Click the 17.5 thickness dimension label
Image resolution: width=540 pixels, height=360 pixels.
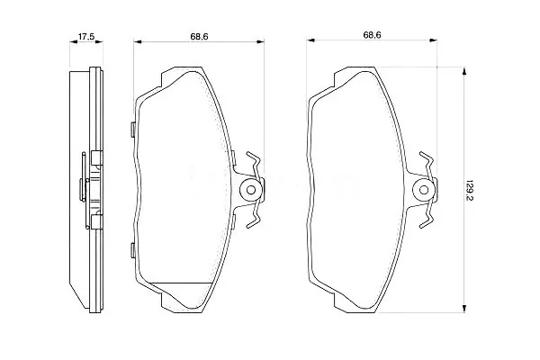click(x=86, y=36)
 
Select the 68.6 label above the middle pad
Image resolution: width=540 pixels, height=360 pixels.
click(x=199, y=36)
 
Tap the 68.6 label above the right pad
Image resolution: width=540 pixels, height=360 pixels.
click(x=372, y=35)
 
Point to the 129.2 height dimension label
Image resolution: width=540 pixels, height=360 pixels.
click(x=469, y=190)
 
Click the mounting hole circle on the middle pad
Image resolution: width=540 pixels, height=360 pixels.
click(x=251, y=190)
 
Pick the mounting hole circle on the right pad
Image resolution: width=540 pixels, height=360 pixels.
click(x=424, y=190)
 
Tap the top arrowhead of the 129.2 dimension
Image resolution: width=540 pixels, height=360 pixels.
click(x=464, y=71)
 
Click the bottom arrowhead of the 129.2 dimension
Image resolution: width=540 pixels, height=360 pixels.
click(x=464, y=309)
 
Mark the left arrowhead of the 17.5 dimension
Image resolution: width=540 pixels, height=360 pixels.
click(x=74, y=42)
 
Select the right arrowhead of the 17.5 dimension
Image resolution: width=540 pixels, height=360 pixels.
click(x=99, y=42)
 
